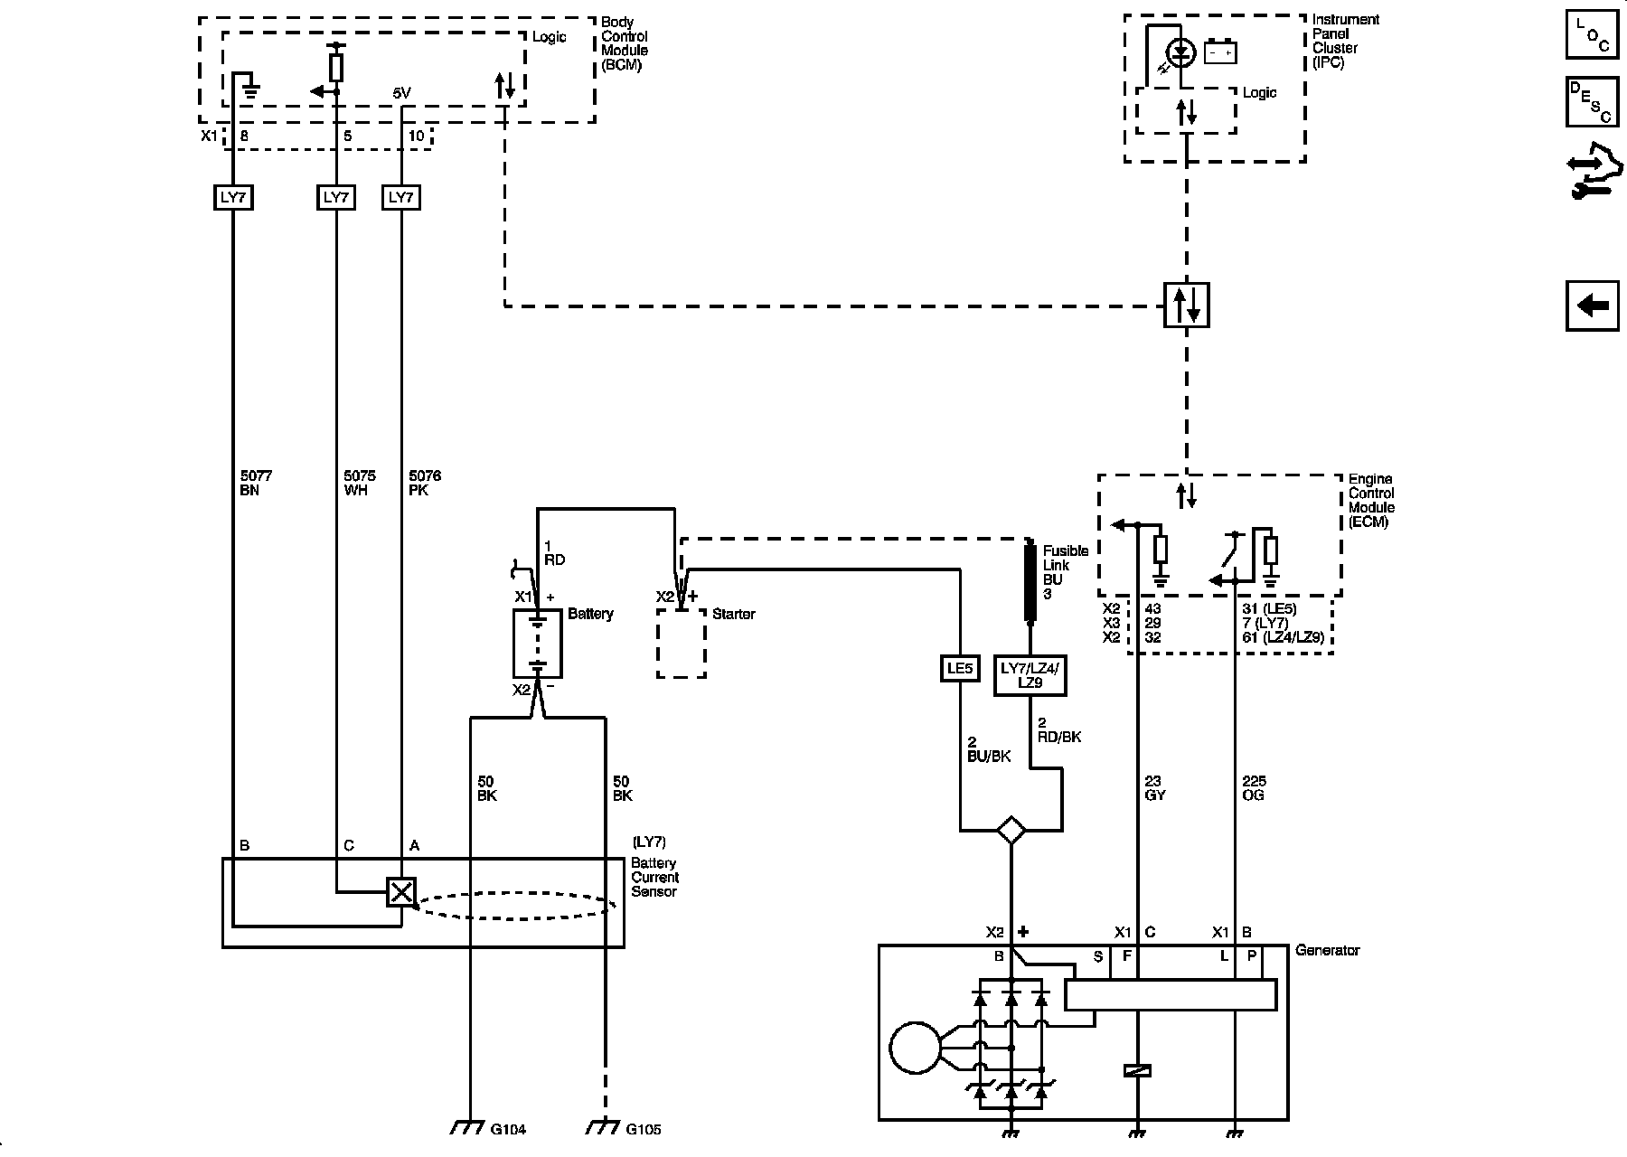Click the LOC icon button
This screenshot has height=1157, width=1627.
pyautogui.click(x=1592, y=35)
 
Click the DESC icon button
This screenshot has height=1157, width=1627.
pyautogui.click(x=1592, y=102)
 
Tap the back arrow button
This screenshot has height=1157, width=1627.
pyautogui.click(x=1592, y=306)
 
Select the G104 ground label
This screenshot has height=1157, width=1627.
pyautogui.click(x=507, y=1129)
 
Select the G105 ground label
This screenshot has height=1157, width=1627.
pyautogui.click(x=644, y=1129)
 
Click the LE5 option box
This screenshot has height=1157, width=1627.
pyautogui.click(x=959, y=669)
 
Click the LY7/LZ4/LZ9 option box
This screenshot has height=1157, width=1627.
pyautogui.click(x=1030, y=675)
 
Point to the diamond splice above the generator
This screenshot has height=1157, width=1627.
pyautogui.click(x=1011, y=829)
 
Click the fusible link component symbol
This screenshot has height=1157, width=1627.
pyautogui.click(x=1029, y=581)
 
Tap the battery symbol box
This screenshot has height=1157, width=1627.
pyautogui.click(x=537, y=643)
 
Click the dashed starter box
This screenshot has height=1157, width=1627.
pyautogui.click(x=681, y=643)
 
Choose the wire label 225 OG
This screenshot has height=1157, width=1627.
pyautogui.click(x=1254, y=788)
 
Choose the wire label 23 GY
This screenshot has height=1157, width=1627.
pyautogui.click(x=1155, y=788)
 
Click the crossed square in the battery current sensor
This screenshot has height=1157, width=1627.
pyautogui.click(x=400, y=892)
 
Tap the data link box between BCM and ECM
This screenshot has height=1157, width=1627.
pyautogui.click(x=1186, y=306)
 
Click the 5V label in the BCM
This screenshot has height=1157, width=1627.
pyautogui.click(x=401, y=93)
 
